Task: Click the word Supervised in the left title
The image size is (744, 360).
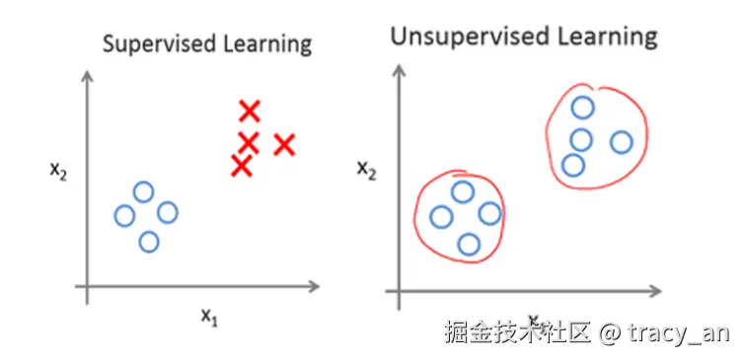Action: pos(150,44)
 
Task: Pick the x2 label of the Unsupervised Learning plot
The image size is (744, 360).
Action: pos(366,170)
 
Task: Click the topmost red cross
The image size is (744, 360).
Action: pos(250,110)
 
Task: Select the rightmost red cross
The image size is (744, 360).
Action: pos(284,145)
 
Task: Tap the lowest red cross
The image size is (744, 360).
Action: pos(241,165)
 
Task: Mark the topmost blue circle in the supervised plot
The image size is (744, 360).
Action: pos(144,192)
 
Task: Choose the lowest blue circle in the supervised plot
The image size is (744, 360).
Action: pos(149,241)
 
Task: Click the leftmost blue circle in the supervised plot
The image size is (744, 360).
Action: pos(124,215)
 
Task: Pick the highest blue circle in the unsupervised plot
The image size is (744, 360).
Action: pos(583,108)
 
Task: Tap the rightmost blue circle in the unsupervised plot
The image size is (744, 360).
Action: pos(621,142)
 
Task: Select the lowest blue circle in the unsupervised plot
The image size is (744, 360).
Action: pos(469,244)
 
